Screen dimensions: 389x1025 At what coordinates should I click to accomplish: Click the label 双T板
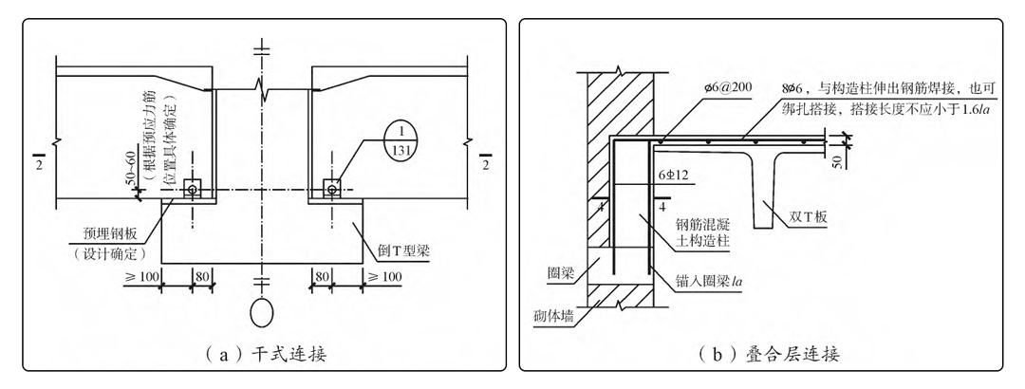pos(809,216)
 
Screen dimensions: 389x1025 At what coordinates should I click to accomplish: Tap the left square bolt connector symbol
pos(194,189)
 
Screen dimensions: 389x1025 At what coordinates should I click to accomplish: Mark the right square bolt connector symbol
pos(332,189)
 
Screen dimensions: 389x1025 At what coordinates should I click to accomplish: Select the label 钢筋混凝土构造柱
pos(700,232)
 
